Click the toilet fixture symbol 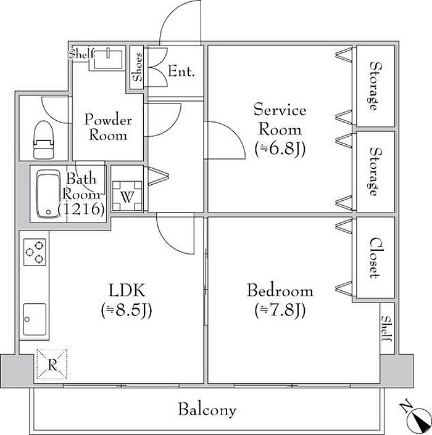43,140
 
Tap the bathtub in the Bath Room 48,194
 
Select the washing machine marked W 127,196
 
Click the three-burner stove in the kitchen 35,252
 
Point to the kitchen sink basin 35,319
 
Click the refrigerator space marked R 52,364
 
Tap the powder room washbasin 108,59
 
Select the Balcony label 207,410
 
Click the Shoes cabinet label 137,67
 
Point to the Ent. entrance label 181,71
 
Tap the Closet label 375,258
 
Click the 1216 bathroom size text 81,209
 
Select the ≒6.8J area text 280,149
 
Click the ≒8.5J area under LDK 127,311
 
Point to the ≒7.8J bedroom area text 280,310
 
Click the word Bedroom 280,291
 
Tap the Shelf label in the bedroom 387,328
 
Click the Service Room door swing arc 233,133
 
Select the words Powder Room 108,127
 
